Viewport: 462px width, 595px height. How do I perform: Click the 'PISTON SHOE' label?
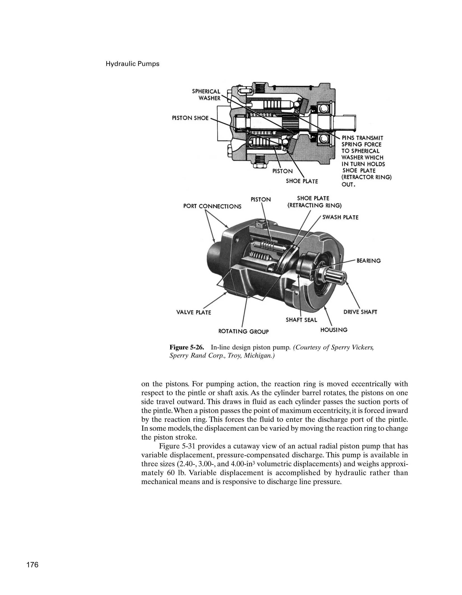pyautogui.click(x=190, y=118)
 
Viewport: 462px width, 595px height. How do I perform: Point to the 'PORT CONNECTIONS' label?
pyautogui.click(x=212, y=206)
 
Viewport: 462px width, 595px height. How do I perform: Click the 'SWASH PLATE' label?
pyautogui.click(x=340, y=217)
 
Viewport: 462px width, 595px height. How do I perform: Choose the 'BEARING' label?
pyautogui.click(x=368, y=261)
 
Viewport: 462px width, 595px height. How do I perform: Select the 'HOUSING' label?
pyautogui.click(x=334, y=330)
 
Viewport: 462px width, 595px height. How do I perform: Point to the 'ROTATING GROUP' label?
pyautogui.click(x=244, y=331)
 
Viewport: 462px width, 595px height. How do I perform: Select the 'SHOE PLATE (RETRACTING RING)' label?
pyautogui.click(x=314, y=202)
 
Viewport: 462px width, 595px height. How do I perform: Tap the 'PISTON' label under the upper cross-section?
pyautogui.click(x=282, y=171)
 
